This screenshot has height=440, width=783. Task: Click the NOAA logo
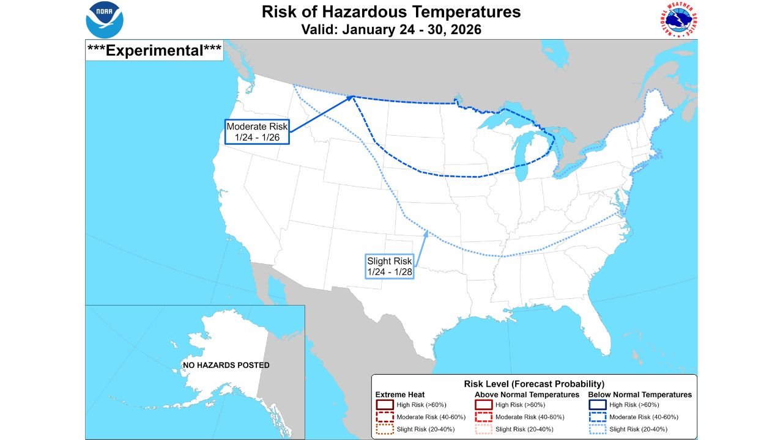point(105,20)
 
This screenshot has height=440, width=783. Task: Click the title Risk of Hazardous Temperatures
point(391,12)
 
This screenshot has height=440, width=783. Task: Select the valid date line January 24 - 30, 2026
point(391,29)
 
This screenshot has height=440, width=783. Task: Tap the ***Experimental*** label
point(154,50)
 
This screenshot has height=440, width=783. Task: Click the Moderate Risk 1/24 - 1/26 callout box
point(257,131)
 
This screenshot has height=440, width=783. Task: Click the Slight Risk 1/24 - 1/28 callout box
point(390,266)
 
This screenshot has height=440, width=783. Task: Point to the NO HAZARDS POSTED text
point(226,365)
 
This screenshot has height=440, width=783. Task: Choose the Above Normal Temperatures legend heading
point(527,395)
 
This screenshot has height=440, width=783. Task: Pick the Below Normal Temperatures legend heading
point(640,395)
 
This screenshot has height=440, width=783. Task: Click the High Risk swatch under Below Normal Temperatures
point(597,405)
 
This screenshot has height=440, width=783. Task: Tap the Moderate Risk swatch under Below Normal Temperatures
point(597,417)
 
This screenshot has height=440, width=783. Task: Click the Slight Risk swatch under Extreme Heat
point(384,429)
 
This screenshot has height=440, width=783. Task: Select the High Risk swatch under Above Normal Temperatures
point(484,405)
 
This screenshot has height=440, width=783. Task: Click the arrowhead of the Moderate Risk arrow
point(352,97)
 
